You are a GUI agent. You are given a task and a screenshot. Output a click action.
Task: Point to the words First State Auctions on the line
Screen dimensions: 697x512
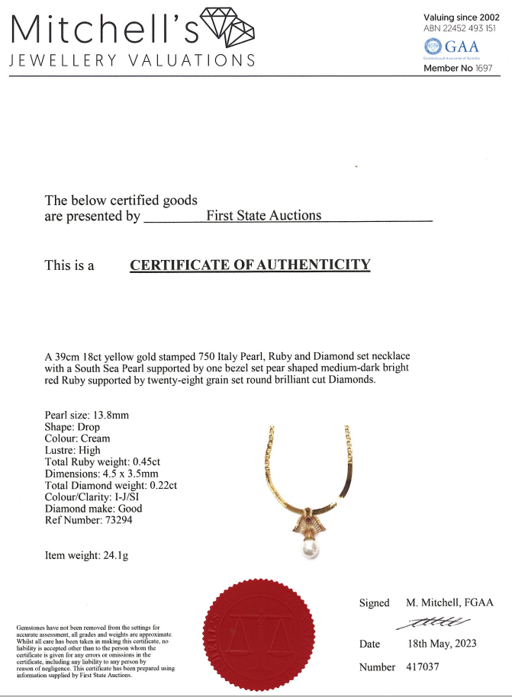pyautogui.click(x=264, y=216)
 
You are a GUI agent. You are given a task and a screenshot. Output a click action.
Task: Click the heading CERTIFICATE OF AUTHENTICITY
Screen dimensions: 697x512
pyautogui.click(x=250, y=265)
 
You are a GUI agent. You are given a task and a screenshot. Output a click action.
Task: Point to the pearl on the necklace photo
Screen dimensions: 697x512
pyautogui.click(x=310, y=548)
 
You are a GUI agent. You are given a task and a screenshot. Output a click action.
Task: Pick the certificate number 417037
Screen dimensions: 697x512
pyautogui.click(x=423, y=667)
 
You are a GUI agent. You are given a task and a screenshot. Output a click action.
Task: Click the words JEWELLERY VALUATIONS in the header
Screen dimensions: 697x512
pyautogui.click(x=131, y=60)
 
